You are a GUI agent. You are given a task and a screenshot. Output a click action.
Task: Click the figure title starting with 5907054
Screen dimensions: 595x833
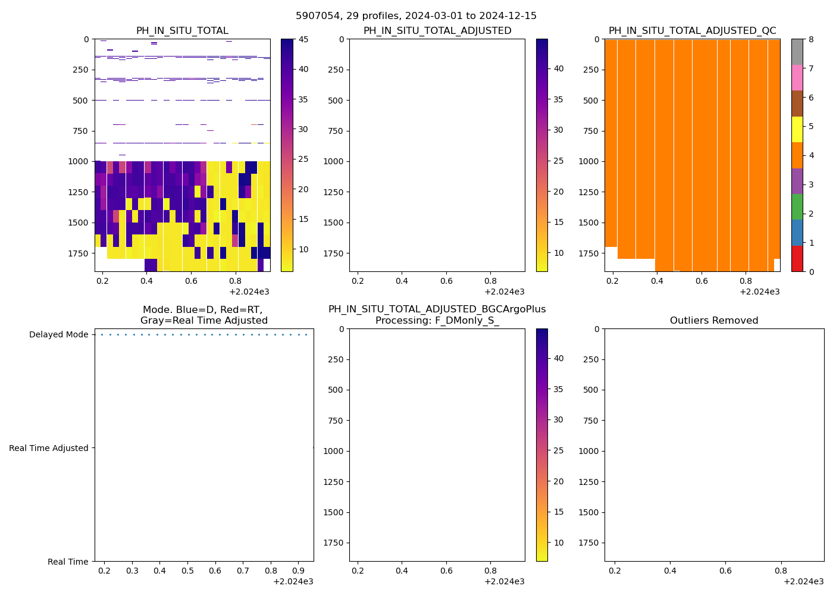(416, 16)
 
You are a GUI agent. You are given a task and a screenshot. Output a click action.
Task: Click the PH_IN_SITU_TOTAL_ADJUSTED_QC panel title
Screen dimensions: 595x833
(692, 31)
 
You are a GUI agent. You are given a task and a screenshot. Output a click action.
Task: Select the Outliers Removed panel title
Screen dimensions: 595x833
(714, 321)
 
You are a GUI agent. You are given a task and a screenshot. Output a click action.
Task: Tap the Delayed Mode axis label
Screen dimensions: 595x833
(58, 334)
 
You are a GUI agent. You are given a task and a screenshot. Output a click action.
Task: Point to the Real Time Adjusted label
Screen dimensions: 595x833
(49, 448)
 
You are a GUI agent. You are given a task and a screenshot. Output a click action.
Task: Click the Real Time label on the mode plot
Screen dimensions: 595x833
(68, 562)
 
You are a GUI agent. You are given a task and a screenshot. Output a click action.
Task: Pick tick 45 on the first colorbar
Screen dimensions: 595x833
(303, 39)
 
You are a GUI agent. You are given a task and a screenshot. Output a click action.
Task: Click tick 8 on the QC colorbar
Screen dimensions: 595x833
(810, 39)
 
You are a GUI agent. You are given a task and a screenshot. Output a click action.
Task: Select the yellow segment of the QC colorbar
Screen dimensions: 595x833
(797, 129)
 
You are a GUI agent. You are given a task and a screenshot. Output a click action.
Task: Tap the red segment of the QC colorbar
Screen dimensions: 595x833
(797, 259)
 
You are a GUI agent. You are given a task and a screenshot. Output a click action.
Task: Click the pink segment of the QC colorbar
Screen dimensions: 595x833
(797, 77)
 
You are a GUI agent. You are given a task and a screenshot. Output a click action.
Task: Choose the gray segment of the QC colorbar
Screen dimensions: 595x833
(797, 52)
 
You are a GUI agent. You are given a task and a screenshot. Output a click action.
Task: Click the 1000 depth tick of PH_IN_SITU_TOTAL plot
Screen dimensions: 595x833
(80, 161)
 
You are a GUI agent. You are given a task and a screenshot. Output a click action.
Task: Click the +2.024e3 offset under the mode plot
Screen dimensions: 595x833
(293, 581)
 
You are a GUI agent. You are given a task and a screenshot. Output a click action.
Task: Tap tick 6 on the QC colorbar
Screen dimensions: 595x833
(810, 98)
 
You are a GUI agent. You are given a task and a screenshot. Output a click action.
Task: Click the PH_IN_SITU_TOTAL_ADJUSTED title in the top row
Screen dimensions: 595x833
(437, 31)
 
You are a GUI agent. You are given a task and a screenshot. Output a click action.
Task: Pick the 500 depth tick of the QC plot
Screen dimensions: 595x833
(591, 101)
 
